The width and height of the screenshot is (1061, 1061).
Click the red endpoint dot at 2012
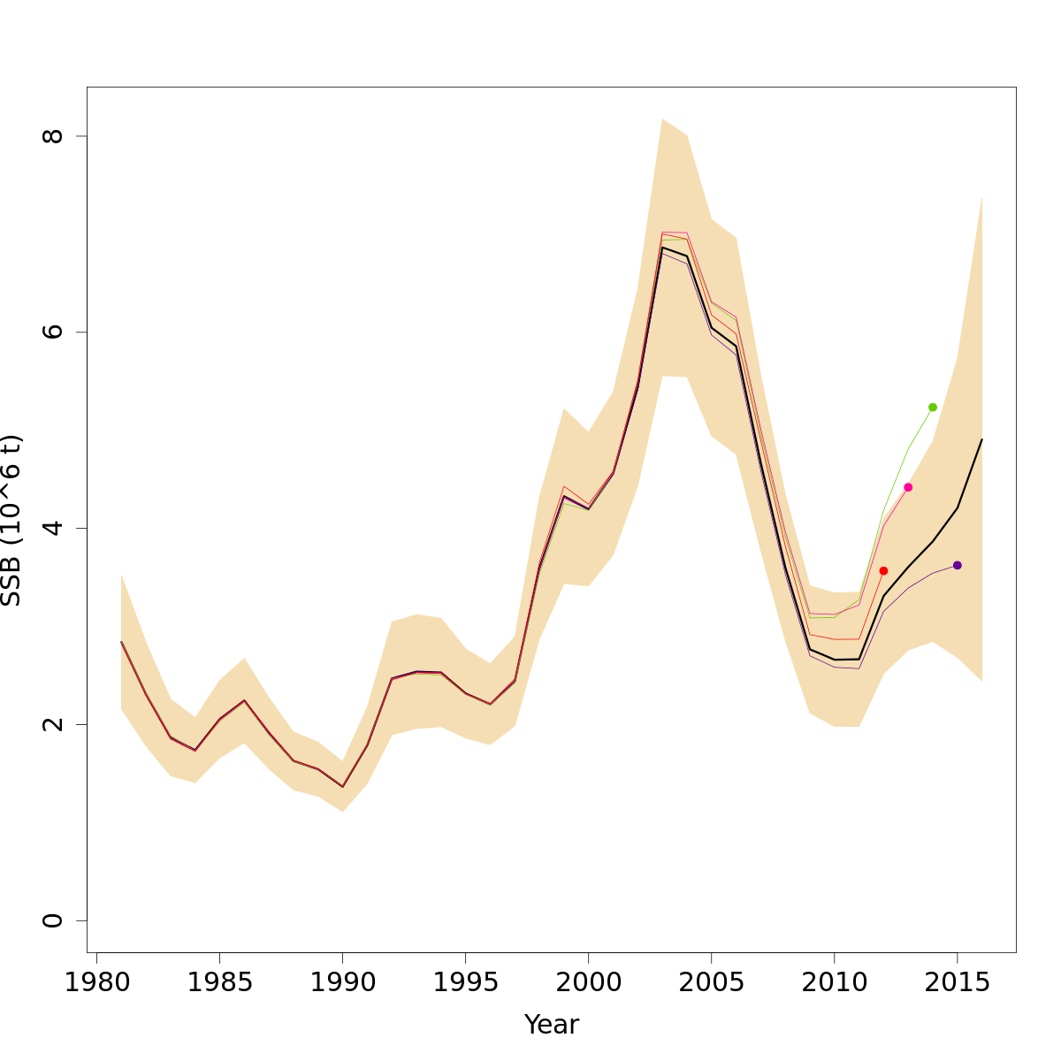[883, 571]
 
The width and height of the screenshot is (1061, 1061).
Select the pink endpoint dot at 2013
[908, 487]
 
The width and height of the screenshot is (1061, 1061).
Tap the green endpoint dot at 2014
[933, 407]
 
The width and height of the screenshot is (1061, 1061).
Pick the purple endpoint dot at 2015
[958, 565]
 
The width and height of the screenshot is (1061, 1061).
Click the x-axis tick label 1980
[96, 983]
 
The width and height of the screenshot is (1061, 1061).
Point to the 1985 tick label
[219, 983]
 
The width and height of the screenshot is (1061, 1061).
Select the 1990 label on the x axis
[342, 983]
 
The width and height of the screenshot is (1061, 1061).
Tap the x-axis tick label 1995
[465, 983]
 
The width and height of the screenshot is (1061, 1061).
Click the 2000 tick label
[588, 983]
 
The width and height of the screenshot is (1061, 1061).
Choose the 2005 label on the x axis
[711, 983]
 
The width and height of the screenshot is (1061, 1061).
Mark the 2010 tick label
[834, 983]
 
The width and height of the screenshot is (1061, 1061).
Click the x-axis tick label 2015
[957, 983]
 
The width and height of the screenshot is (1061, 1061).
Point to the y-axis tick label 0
[53, 920]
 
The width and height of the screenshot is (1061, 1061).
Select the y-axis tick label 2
[53, 724]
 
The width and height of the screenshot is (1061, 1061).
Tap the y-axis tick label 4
[53, 528]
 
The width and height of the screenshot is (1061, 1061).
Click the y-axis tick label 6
[53, 332]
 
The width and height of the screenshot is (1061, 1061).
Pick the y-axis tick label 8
[53, 136]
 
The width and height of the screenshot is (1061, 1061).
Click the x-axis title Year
[552, 1025]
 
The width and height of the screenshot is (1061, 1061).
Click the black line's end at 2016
[981, 439]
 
